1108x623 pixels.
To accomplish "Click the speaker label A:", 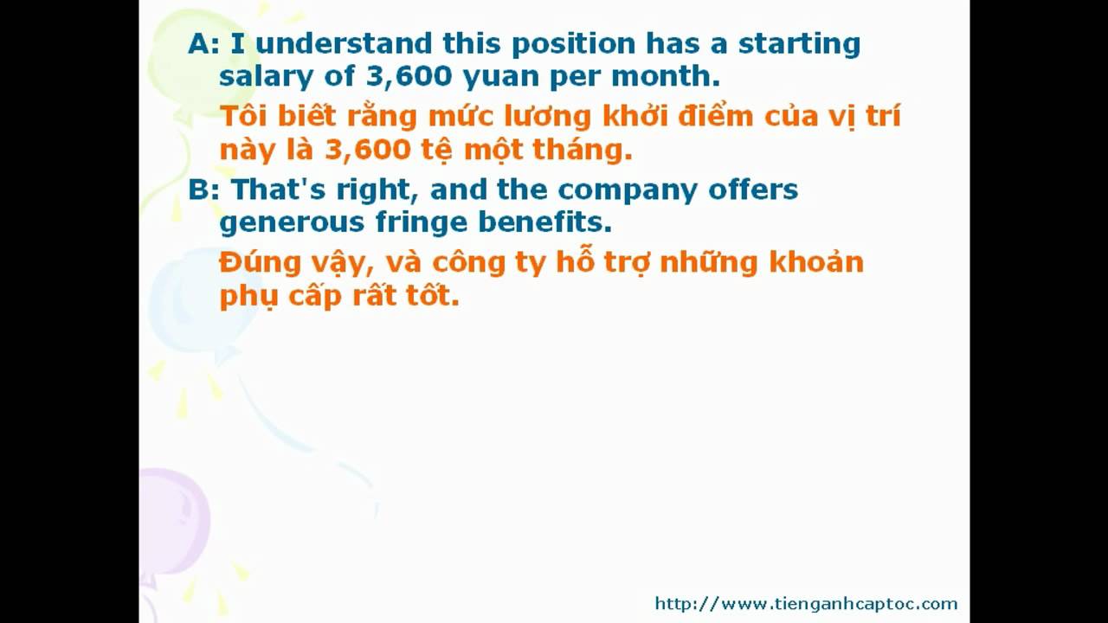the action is click(203, 43).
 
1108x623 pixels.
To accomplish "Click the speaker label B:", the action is click(203, 189).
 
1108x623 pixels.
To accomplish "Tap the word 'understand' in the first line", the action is click(345, 43).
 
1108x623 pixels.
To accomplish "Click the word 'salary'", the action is click(266, 78).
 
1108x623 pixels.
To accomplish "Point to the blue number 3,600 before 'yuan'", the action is click(409, 77).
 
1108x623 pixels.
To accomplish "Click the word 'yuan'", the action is click(500, 79).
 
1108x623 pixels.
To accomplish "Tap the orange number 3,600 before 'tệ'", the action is click(368, 150).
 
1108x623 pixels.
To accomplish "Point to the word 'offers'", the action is click(753, 189).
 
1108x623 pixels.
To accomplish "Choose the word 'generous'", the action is click(292, 223).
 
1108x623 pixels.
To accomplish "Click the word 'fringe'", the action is click(422, 222).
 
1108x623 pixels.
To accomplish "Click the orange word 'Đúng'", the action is click(261, 262).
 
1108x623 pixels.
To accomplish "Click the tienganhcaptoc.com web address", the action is click(806, 604).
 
